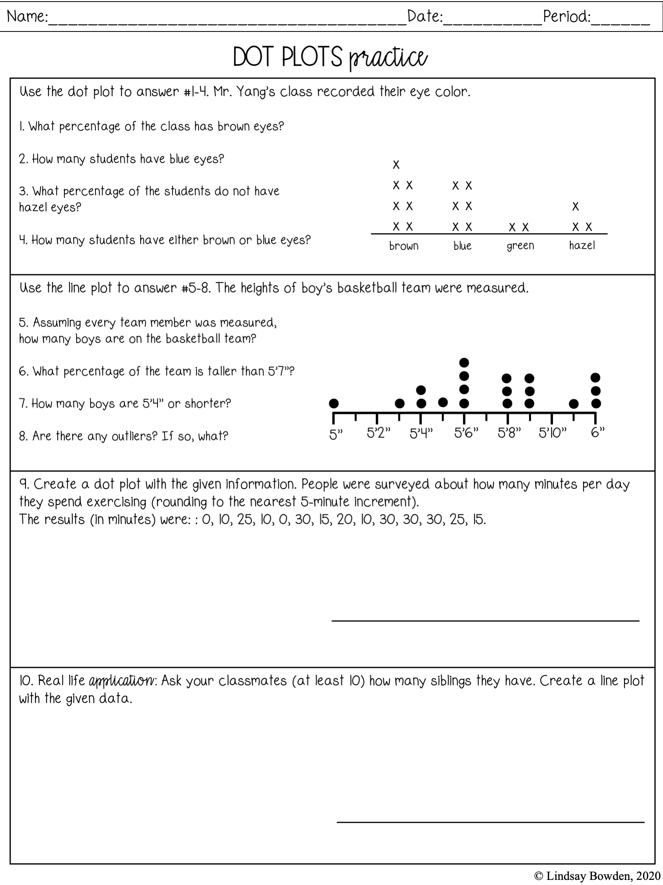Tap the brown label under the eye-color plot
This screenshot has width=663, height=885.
(x=404, y=246)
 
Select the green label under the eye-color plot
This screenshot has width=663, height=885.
(x=520, y=246)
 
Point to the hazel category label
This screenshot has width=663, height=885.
(x=582, y=245)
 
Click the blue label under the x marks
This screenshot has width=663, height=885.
(x=463, y=246)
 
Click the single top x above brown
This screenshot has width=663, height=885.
(x=396, y=164)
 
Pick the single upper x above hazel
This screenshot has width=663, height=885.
(x=575, y=207)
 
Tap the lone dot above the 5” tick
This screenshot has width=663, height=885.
(x=334, y=403)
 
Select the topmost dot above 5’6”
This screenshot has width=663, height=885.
(x=464, y=363)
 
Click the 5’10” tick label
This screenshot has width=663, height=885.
(x=553, y=433)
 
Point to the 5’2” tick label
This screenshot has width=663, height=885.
(x=378, y=433)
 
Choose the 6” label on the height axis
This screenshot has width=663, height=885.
(x=597, y=432)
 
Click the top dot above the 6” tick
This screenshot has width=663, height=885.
(x=595, y=377)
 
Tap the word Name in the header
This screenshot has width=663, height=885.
(x=26, y=17)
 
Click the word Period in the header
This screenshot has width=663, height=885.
(x=566, y=17)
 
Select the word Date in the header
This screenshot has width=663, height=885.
(x=424, y=17)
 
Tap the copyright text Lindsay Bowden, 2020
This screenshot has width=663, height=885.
(x=597, y=876)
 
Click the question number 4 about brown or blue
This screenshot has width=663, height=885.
(x=23, y=240)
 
